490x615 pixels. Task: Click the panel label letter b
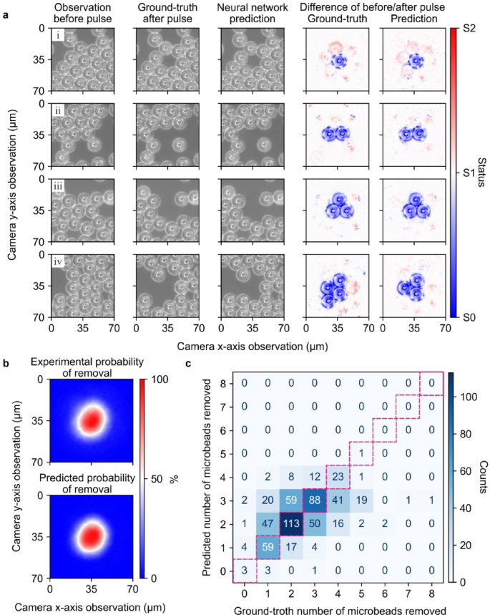point(6,363)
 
